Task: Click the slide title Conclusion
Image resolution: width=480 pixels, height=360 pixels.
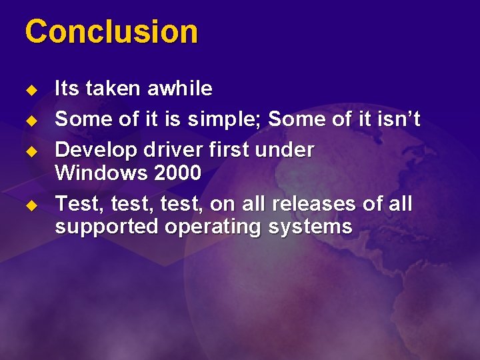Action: click(111, 32)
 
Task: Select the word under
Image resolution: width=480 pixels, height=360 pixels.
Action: click(287, 150)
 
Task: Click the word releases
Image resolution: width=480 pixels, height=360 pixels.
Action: click(326, 204)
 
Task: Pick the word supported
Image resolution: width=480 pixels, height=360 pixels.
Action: click(107, 227)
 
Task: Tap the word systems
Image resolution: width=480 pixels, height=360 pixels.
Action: click(310, 227)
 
